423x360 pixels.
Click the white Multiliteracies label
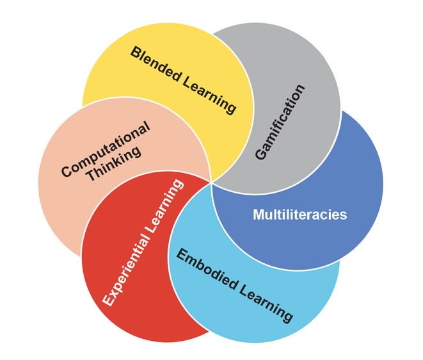[299, 215]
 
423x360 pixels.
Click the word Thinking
[118, 165]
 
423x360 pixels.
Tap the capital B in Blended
[135, 52]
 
